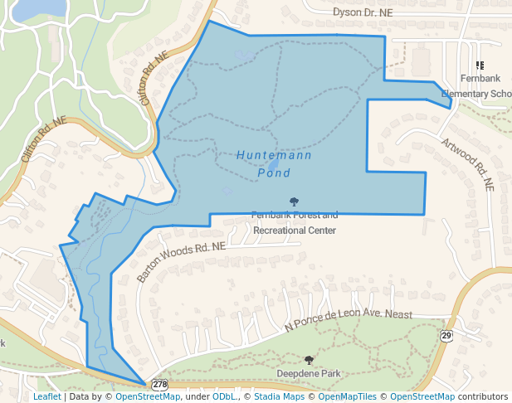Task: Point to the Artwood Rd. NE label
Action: [x=468, y=165]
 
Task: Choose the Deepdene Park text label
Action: [x=310, y=374]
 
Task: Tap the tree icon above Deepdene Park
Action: [x=310, y=360]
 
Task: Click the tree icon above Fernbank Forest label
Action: [x=295, y=201]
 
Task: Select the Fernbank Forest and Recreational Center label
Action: [x=295, y=222]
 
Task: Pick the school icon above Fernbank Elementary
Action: [x=480, y=65]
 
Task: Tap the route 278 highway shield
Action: [x=160, y=385]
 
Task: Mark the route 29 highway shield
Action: [x=446, y=335]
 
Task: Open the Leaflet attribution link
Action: [x=46, y=396]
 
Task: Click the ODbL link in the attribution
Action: [x=224, y=396]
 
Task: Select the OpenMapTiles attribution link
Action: [x=349, y=396]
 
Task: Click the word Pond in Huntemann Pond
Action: [x=274, y=173]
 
